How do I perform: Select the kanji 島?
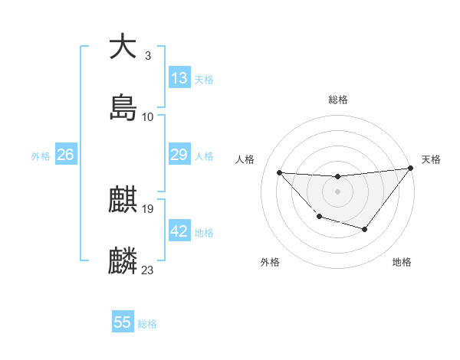point(123,108)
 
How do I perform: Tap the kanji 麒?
point(123,200)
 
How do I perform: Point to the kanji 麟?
point(123,261)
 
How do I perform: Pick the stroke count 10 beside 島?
point(148,117)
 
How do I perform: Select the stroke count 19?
point(148,208)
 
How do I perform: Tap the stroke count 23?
point(148,270)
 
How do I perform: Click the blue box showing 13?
point(179,78)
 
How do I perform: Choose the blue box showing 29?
point(179,155)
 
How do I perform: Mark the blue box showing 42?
point(179,231)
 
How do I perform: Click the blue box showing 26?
point(66,155)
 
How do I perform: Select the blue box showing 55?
point(123,322)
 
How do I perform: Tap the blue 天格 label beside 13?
point(204,80)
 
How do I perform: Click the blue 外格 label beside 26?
point(41,155)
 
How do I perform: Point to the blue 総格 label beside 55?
point(147,324)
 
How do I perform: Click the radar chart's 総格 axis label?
point(338,100)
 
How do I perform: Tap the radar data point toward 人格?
point(280,172)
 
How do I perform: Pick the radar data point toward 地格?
point(365,229)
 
